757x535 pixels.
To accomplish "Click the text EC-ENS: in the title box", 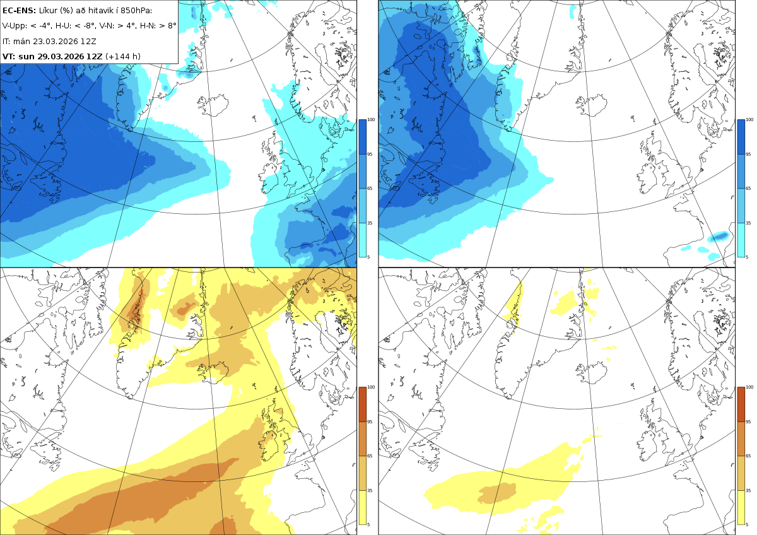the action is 19,11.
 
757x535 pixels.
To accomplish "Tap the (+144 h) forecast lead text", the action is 123,56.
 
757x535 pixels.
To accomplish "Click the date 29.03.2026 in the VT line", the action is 60,56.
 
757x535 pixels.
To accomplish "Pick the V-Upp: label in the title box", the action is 15,26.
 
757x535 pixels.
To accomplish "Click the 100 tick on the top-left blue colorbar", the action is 371,120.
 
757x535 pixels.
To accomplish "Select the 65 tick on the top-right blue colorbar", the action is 749,188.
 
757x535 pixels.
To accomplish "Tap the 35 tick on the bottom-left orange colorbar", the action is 370,490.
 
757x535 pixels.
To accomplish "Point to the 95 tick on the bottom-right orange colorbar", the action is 749,422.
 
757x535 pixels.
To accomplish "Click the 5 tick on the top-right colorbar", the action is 747,257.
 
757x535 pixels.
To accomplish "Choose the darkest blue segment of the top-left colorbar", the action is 362,137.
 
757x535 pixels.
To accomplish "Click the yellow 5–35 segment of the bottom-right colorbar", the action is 741,507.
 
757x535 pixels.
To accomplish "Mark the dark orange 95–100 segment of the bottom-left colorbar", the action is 362,404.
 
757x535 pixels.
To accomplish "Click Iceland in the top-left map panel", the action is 214,105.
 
